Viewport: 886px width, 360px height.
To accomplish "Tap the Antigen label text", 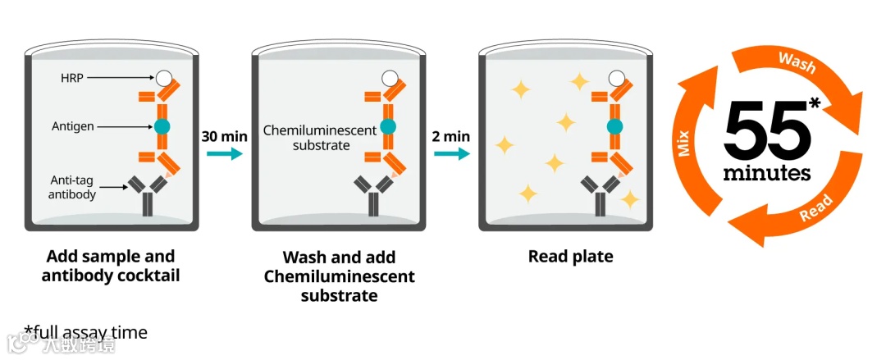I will tap(72, 126).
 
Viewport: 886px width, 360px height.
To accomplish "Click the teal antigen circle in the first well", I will tap(161, 127).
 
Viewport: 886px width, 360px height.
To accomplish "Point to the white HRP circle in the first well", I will tap(164, 78).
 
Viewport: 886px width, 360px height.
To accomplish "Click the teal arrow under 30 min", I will tap(224, 153).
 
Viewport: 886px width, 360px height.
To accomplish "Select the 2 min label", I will tap(451, 135).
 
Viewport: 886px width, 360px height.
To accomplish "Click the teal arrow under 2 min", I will tap(451, 153).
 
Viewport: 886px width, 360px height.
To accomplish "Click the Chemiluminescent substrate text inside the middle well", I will tap(319, 138).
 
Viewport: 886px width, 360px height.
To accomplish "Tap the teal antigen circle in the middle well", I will tap(388, 127).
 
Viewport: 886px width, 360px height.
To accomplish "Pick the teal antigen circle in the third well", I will tap(614, 127).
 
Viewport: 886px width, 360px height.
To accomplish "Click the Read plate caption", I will tap(570, 257).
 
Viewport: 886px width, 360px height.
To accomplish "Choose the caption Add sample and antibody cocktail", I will tap(111, 266).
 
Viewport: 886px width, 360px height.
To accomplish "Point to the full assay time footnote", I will tap(86, 332).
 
